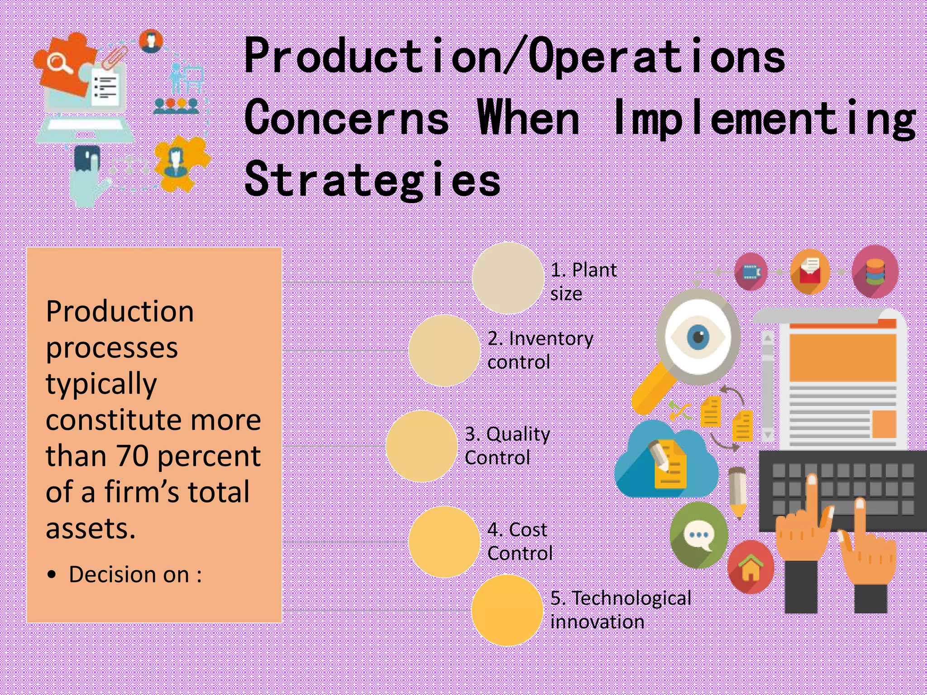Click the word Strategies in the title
[x=372, y=180]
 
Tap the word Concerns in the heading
[x=346, y=118]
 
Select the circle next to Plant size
[x=507, y=278]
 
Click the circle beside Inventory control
[x=444, y=350]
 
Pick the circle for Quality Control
[x=421, y=446]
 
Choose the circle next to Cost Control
[x=444, y=542]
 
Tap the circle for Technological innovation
[x=507, y=610]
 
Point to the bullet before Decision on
[x=53, y=575]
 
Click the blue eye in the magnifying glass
[x=698, y=338]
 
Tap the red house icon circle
[x=750, y=567]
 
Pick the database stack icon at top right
[x=875, y=271]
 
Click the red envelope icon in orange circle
[x=810, y=271]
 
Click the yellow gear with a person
[x=181, y=162]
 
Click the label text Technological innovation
[x=620, y=609]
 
